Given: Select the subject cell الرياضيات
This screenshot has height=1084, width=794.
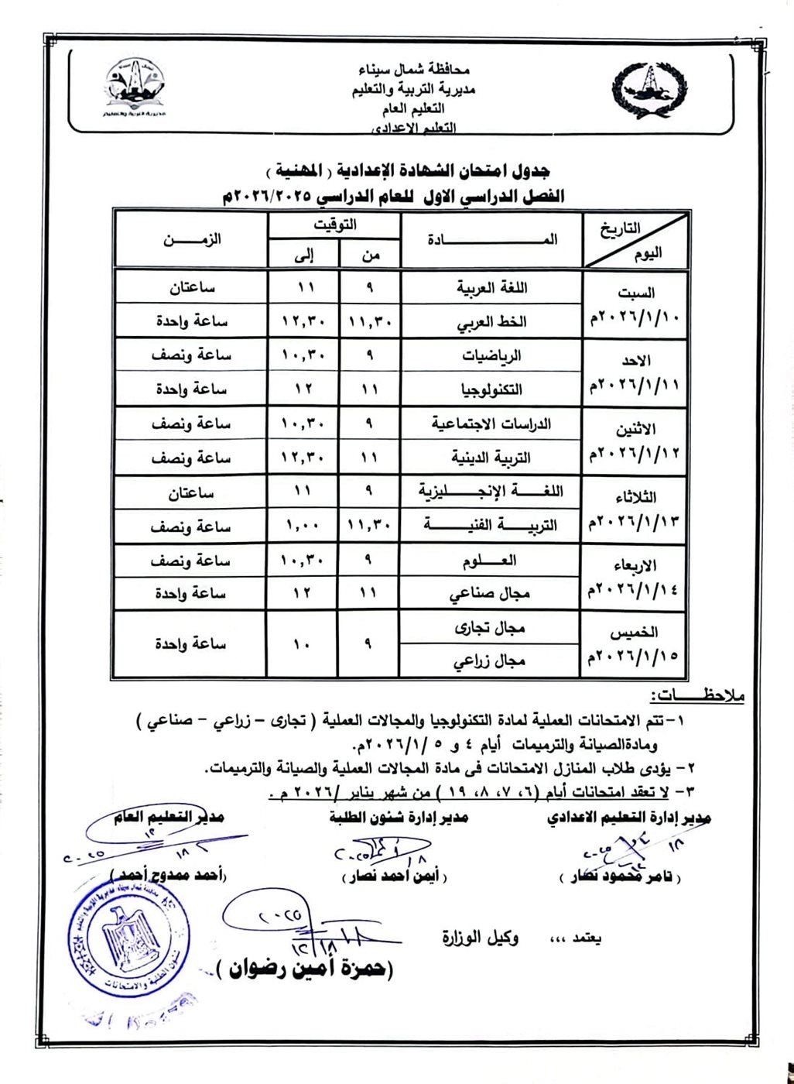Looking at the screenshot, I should pyautogui.click(x=491, y=355).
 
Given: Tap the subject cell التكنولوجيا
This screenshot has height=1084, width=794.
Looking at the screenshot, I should pyautogui.click(x=491, y=389).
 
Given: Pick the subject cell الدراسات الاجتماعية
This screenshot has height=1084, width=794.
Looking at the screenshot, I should pyautogui.click(x=491, y=424).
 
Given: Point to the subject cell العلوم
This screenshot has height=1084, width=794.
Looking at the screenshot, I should pyautogui.click(x=491, y=560).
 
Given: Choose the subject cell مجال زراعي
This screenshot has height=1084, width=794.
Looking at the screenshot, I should pyautogui.click(x=491, y=660).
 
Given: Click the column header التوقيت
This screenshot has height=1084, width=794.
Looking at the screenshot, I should pyautogui.click(x=334, y=225).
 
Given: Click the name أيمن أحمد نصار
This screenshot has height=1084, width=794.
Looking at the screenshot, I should pyautogui.click(x=394, y=877).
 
